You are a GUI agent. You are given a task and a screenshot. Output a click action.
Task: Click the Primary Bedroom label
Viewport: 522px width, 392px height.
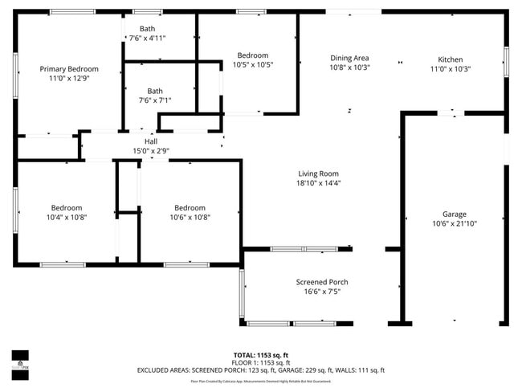tap(69, 69)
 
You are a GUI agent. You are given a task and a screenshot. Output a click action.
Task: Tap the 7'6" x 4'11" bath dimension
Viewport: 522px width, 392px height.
tap(147, 38)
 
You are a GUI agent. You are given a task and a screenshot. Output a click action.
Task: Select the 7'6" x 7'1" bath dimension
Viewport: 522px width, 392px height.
tap(154, 100)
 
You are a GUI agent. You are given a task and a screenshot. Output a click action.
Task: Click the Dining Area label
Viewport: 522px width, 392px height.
tap(349, 58)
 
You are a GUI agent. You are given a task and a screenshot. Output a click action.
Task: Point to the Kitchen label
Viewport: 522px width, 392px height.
tap(450, 59)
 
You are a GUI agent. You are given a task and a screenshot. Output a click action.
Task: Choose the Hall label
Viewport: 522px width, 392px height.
tap(151, 141)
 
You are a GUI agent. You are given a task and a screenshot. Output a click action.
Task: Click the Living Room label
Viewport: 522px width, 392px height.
tap(318, 173)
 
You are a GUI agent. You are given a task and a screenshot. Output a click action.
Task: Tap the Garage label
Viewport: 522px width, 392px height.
tap(454, 214)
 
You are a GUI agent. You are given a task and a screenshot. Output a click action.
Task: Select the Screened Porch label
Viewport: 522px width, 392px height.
tap(321, 282)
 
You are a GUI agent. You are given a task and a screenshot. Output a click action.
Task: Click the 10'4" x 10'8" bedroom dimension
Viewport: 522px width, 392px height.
tap(67, 217)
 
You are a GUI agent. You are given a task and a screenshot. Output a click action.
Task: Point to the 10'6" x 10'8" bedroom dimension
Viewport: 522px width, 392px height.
tap(190, 217)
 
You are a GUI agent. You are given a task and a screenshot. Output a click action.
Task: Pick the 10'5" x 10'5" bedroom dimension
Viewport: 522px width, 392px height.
tap(252, 64)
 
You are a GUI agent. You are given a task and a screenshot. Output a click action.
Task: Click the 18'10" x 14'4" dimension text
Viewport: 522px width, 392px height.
tap(318, 183)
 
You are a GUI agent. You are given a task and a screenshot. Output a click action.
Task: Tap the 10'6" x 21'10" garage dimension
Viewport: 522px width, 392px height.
tap(454, 225)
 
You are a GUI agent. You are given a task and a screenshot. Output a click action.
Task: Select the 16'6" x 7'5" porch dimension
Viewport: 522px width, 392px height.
tap(321, 292)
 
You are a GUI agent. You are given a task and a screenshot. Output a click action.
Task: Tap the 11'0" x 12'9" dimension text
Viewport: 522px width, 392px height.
tap(69, 80)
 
